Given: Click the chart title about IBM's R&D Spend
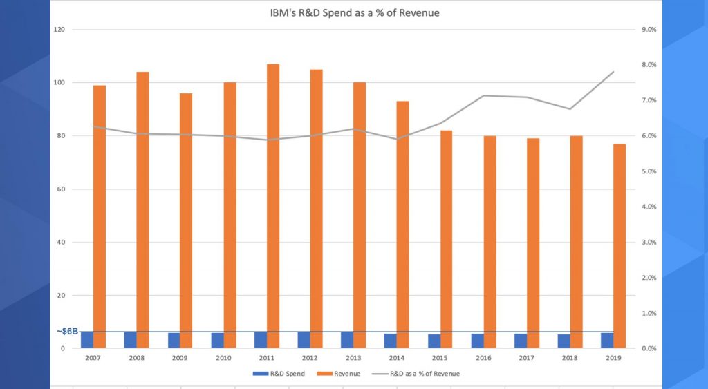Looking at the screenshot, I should click(354, 13).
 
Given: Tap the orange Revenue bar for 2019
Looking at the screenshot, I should click(620, 245).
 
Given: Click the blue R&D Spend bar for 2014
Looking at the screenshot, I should click(391, 341).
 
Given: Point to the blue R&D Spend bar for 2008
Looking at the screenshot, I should click(130, 339).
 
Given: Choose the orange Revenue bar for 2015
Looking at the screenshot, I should click(447, 238).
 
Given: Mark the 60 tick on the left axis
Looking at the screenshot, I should click(61, 189).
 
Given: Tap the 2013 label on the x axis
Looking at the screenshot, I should click(354, 358).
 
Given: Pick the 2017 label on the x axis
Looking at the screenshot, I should click(527, 358).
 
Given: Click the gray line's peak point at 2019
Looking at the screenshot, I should click(613, 72).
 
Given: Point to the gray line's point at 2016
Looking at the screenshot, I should click(483, 95).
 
